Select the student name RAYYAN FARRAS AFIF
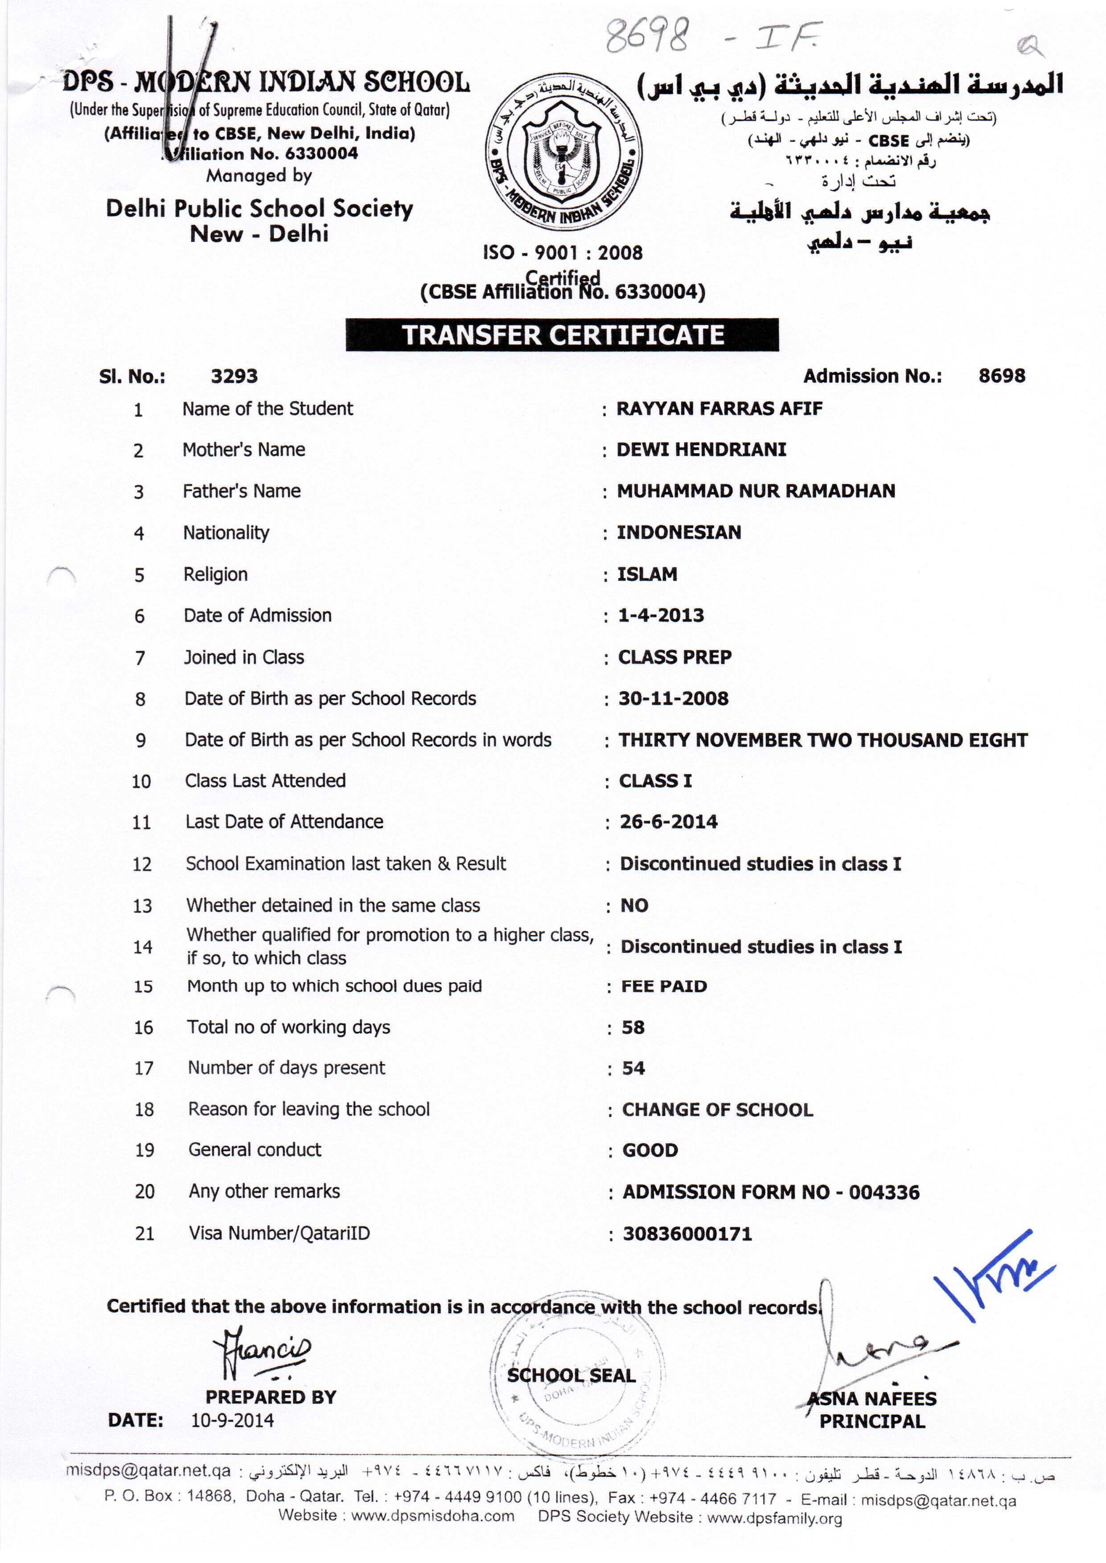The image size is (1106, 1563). click(719, 408)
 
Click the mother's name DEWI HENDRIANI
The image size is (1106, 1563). click(702, 449)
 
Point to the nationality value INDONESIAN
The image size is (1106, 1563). click(679, 532)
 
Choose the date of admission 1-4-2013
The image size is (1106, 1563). click(661, 615)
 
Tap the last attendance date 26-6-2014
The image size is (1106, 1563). click(668, 822)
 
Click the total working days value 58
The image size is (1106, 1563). click(633, 1027)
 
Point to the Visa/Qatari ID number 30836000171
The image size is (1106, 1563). click(687, 1234)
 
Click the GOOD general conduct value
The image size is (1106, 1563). click(650, 1150)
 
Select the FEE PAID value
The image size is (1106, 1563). click(664, 986)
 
